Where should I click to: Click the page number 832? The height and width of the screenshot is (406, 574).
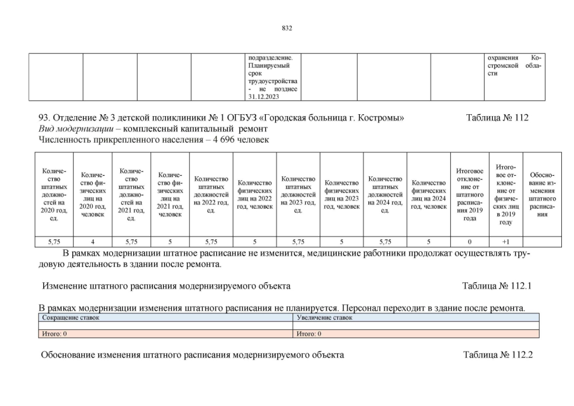coord(287,28)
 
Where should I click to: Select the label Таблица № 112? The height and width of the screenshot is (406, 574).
coord(497,118)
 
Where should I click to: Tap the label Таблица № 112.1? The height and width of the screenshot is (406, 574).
coord(497,285)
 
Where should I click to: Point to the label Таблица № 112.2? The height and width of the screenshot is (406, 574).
coord(497,355)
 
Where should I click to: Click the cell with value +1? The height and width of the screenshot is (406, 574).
coord(505,241)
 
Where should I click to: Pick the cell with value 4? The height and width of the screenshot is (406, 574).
coord(93,241)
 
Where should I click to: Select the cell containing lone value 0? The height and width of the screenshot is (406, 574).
coord(469,241)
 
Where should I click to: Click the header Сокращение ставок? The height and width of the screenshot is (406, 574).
coord(71,317)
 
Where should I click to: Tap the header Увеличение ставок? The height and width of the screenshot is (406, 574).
coord(324,317)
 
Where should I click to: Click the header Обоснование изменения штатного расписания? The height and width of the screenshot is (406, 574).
coord(542,193)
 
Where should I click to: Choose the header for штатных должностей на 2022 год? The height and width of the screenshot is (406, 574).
coord(211,193)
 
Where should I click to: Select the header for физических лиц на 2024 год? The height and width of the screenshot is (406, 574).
coord(429,193)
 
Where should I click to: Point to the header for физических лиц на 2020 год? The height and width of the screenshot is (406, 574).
coord(93,193)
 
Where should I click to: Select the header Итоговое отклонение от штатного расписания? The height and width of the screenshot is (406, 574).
coord(469,193)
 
